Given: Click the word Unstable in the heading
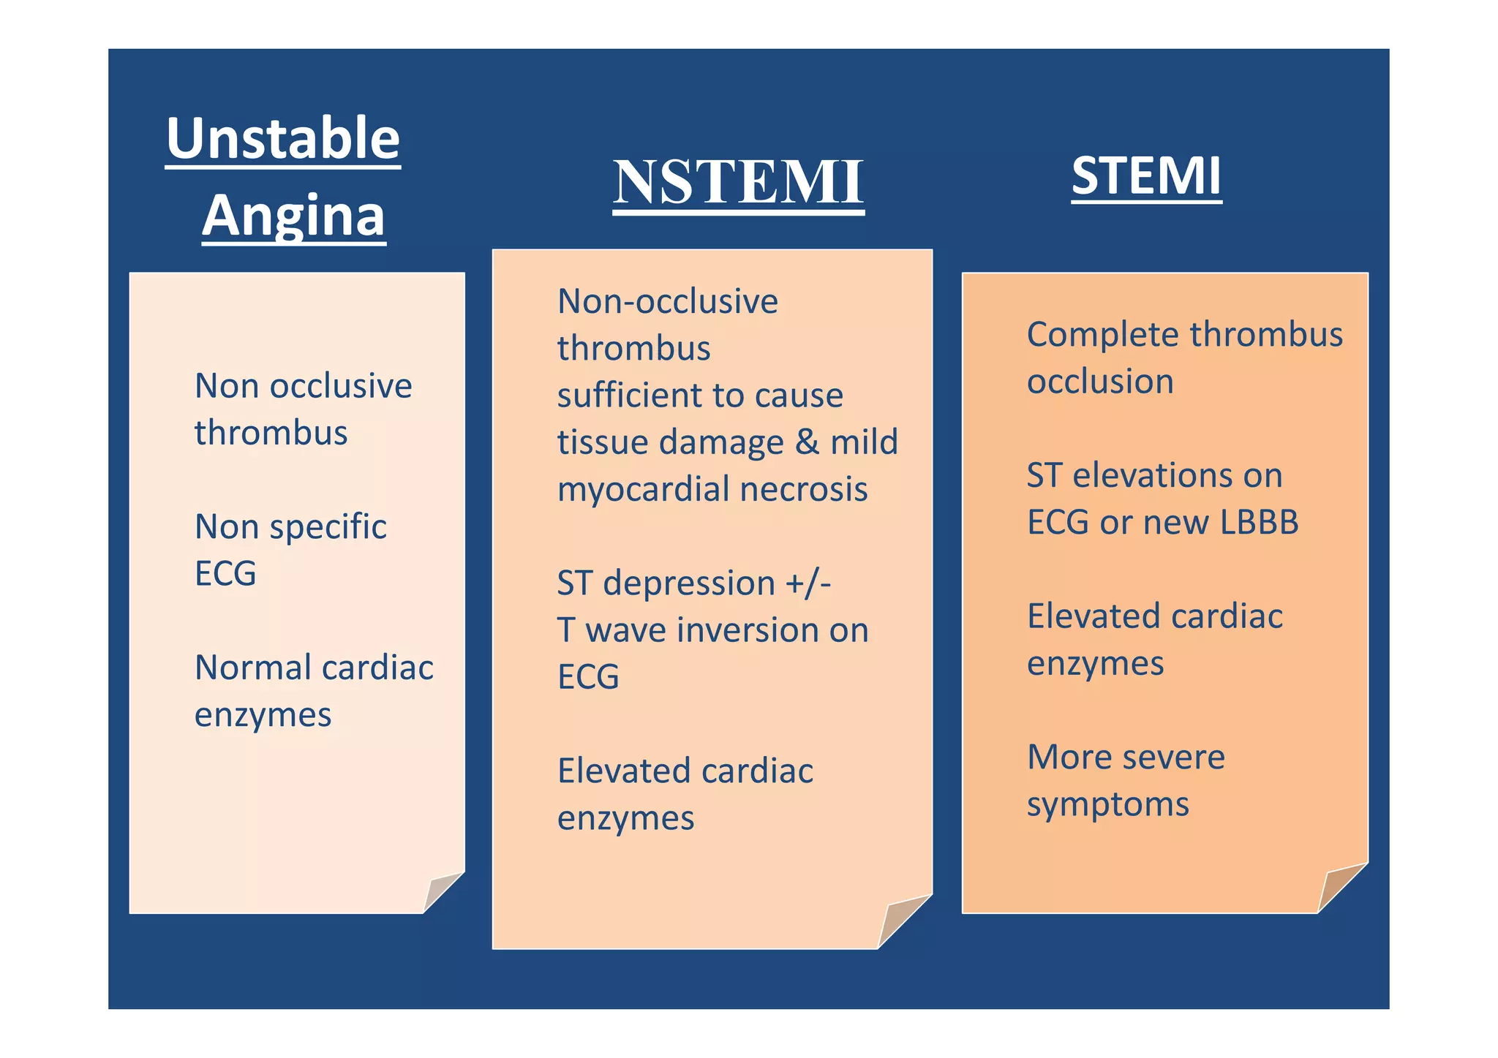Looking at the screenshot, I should pos(282,138).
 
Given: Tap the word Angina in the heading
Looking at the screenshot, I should pos(293,216).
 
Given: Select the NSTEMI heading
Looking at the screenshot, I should pos(738,182).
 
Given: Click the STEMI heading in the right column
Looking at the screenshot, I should pos(1146,176).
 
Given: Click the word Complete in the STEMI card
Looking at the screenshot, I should pos(1102,335).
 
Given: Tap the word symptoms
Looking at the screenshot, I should pos(1107,804).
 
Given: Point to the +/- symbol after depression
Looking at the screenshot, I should pos(808,583).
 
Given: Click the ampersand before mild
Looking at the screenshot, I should pos(806,442).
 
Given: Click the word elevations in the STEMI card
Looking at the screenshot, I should pos(1177,476).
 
